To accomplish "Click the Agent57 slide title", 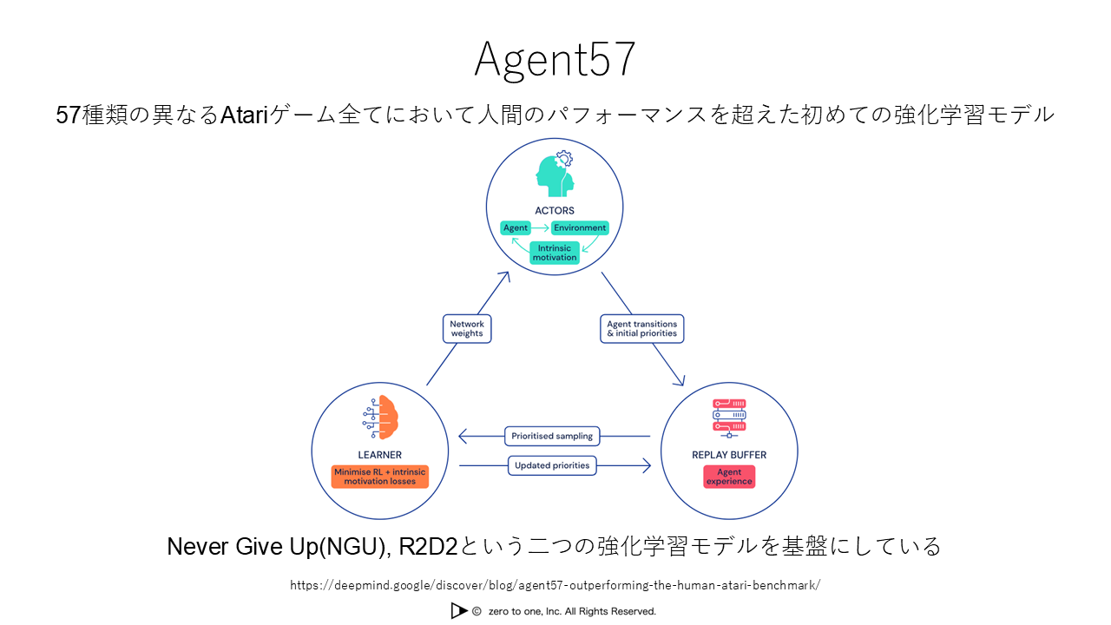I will pyautogui.click(x=555, y=60).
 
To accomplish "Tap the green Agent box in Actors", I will pyautogui.click(x=516, y=228).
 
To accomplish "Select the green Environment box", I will pyautogui.click(x=581, y=228).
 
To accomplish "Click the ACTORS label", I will pyautogui.click(x=555, y=210).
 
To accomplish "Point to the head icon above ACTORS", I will pyautogui.click(x=555, y=174).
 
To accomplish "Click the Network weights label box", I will pyautogui.click(x=467, y=329).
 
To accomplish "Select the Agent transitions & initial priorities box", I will pyautogui.click(x=642, y=329).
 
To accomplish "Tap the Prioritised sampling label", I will pyautogui.click(x=552, y=436).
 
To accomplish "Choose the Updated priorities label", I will pyautogui.click(x=552, y=465).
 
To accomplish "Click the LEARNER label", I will pyautogui.click(x=380, y=455).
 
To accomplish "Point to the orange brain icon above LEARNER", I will pyautogui.click(x=380, y=418).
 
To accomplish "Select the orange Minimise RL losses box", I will pyautogui.click(x=380, y=477).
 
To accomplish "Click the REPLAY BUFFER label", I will pyautogui.click(x=729, y=455).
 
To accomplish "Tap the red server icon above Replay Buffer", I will pyautogui.click(x=729, y=417).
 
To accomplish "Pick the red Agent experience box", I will pyautogui.click(x=729, y=477).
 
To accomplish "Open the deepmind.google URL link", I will pyautogui.click(x=555, y=585).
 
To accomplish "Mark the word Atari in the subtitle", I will pyautogui.click(x=245, y=115).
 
